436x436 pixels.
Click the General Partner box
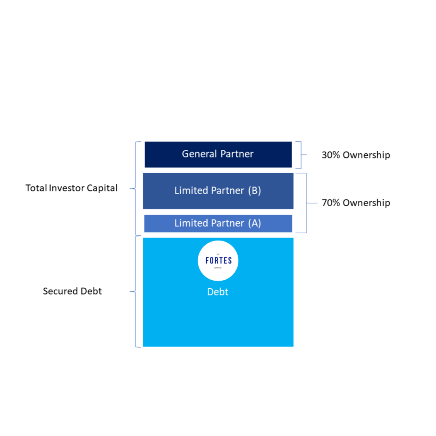(x=218, y=154)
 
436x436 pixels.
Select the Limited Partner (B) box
(x=218, y=191)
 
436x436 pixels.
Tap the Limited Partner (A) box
(x=218, y=224)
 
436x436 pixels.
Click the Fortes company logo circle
(x=218, y=261)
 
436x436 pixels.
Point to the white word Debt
(x=218, y=292)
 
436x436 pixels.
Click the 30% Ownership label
(x=356, y=155)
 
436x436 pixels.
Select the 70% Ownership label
(x=356, y=203)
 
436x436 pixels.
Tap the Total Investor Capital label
(x=72, y=188)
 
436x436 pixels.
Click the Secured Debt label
(x=72, y=292)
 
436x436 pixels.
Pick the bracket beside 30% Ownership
(x=300, y=155)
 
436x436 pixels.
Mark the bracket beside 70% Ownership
(x=306, y=203)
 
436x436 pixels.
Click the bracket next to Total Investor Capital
(x=136, y=188)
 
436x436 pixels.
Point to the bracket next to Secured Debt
(x=136, y=292)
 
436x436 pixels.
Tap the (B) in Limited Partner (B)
(x=254, y=191)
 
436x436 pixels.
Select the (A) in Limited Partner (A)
(x=254, y=224)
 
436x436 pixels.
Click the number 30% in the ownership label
(x=331, y=155)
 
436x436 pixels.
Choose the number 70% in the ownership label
(x=331, y=203)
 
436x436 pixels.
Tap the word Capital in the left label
(x=102, y=188)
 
